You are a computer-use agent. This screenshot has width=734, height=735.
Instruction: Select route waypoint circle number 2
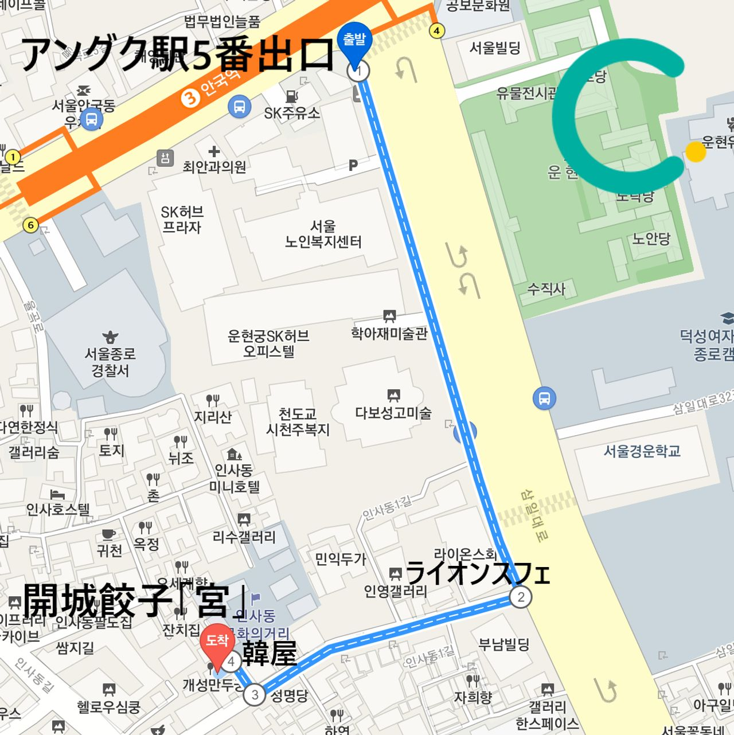click(x=520, y=597)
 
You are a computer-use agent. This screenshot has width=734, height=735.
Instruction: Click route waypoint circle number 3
click(x=255, y=695)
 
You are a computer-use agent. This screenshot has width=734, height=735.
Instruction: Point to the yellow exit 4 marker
click(x=437, y=31)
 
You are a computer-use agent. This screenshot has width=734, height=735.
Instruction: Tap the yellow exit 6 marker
click(x=31, y=225)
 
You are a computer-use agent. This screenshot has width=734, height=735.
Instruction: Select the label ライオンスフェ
click(x=477, y=573)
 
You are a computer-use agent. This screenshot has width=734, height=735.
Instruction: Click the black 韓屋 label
click(x=269, y=654)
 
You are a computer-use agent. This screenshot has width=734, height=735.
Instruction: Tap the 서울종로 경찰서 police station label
click(x=110, y=362)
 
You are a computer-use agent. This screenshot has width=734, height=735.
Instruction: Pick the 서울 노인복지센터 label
click(x=323, y=234)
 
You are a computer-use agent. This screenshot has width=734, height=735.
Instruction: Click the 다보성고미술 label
click(x=393, y=412)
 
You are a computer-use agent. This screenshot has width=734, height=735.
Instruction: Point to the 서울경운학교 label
click(x=642, y=451)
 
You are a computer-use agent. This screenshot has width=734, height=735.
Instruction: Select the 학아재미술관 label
click(x=389, y=333)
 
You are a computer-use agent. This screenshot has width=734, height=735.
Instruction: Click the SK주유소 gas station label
click(x=292, y=113)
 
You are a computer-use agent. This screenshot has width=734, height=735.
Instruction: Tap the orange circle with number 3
click(x=190, y=98)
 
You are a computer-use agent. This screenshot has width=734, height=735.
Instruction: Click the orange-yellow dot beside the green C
click(x=696, y=152)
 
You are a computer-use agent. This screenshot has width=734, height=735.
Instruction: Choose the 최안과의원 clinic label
click(x=214, y=167)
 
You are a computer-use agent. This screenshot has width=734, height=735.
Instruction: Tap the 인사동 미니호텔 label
click(x=234, y=479)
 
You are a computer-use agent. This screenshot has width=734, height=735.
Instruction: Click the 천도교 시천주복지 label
click(x=298, y=421)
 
